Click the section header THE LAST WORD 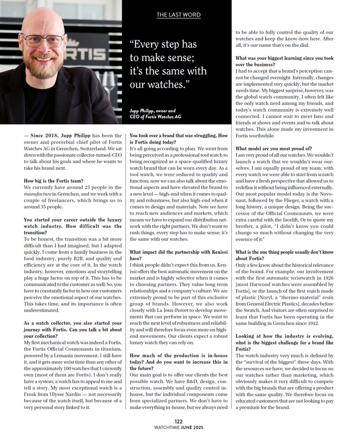(179, 15)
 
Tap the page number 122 (179, 421)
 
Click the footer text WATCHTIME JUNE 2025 (179, 427)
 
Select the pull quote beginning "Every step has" (168, 64)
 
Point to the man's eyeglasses (43, 40)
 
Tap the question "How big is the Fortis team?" (54, 181)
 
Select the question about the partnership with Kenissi (179, 255)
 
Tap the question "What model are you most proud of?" (274, 148)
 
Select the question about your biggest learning (284, 61)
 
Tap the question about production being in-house (179, 358)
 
